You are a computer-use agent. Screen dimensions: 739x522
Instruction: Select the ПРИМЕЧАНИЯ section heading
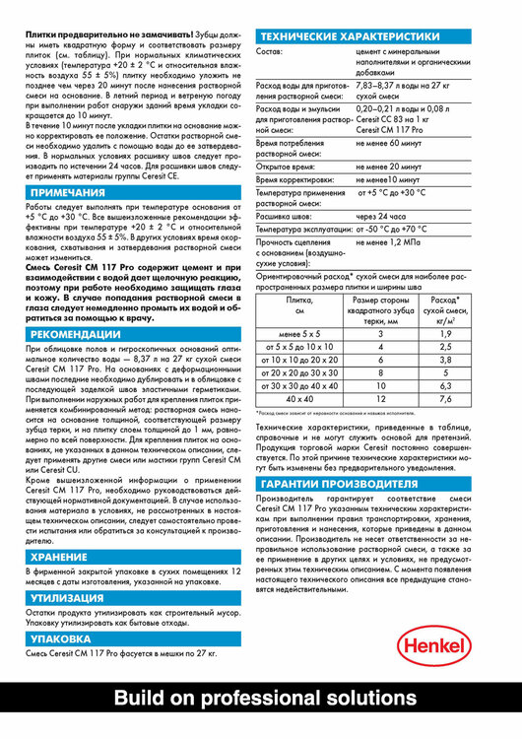click(x=67, y=192)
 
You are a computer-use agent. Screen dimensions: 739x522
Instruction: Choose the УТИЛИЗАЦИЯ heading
click(x=67, y=597)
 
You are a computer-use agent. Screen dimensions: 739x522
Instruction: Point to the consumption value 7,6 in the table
click(x=445, y=399)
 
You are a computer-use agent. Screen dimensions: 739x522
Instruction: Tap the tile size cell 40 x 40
click(x=299, y=399)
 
